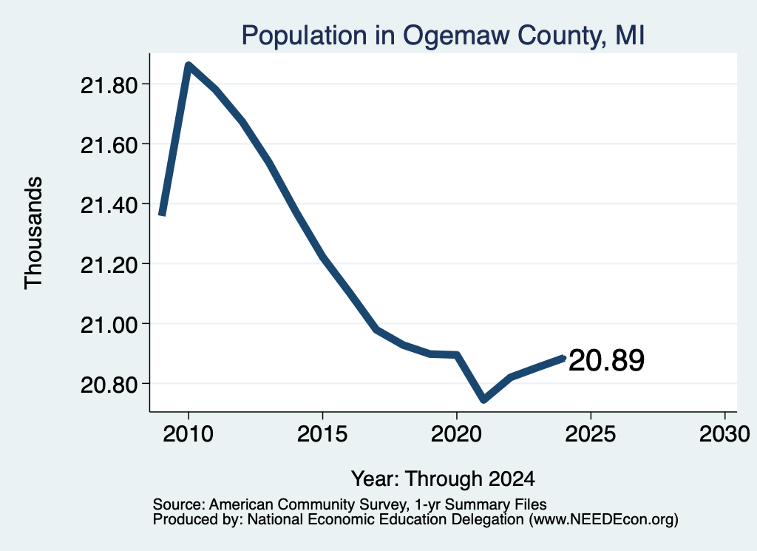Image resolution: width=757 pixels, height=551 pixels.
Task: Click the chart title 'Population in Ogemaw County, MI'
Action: (x=443, y=36)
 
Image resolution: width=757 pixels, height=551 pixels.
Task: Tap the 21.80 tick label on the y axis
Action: (x=109, y=86)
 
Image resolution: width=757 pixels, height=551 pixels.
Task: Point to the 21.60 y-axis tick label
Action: (x=109, y=146)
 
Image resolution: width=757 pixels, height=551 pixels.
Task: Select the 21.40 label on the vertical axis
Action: (x=109, y=205)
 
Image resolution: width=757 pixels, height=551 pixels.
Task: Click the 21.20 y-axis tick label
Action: (x=109, y=265)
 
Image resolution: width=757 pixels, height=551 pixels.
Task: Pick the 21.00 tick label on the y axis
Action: (x=109, y=325)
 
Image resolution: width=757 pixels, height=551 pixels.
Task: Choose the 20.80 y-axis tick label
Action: (x=109, y=385)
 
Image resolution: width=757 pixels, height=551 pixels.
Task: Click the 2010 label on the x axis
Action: (x=189, y=434)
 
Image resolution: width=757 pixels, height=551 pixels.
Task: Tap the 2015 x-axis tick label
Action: (x=322, y=434)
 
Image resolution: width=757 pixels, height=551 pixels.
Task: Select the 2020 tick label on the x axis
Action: (x=456, y=434)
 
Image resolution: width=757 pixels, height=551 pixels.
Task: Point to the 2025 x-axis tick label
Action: (x=591, y=434)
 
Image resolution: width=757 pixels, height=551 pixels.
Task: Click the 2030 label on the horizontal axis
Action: (x=724, y=434)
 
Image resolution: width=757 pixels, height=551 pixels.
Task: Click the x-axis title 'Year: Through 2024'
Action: (x=443, y=479)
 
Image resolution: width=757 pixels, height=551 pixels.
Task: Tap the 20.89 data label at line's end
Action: (x=606, y=361)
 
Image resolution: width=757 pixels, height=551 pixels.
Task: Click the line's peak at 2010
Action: (x=189, y=65)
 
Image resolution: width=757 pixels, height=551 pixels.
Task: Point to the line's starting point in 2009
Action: (x=162, y=215)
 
